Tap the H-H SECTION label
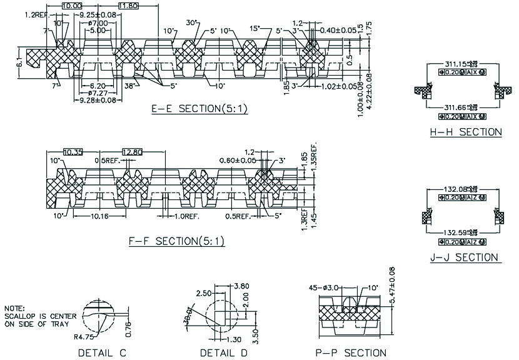pyautogui.click(x=465, y=132)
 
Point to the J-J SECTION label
pyautogui.click(x=465, y=257)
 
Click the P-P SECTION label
pyautogui.click(x=351, y=353)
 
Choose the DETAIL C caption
pyautogui.click(x=103, y=353)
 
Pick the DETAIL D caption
pyautogui.click(x=224, y=353)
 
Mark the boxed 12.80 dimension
pyautogui.click(x=133, y=152)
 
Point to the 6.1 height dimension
pyautogui.click(x=19, y=62)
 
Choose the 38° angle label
pyautogui.click(x=130, y=85)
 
